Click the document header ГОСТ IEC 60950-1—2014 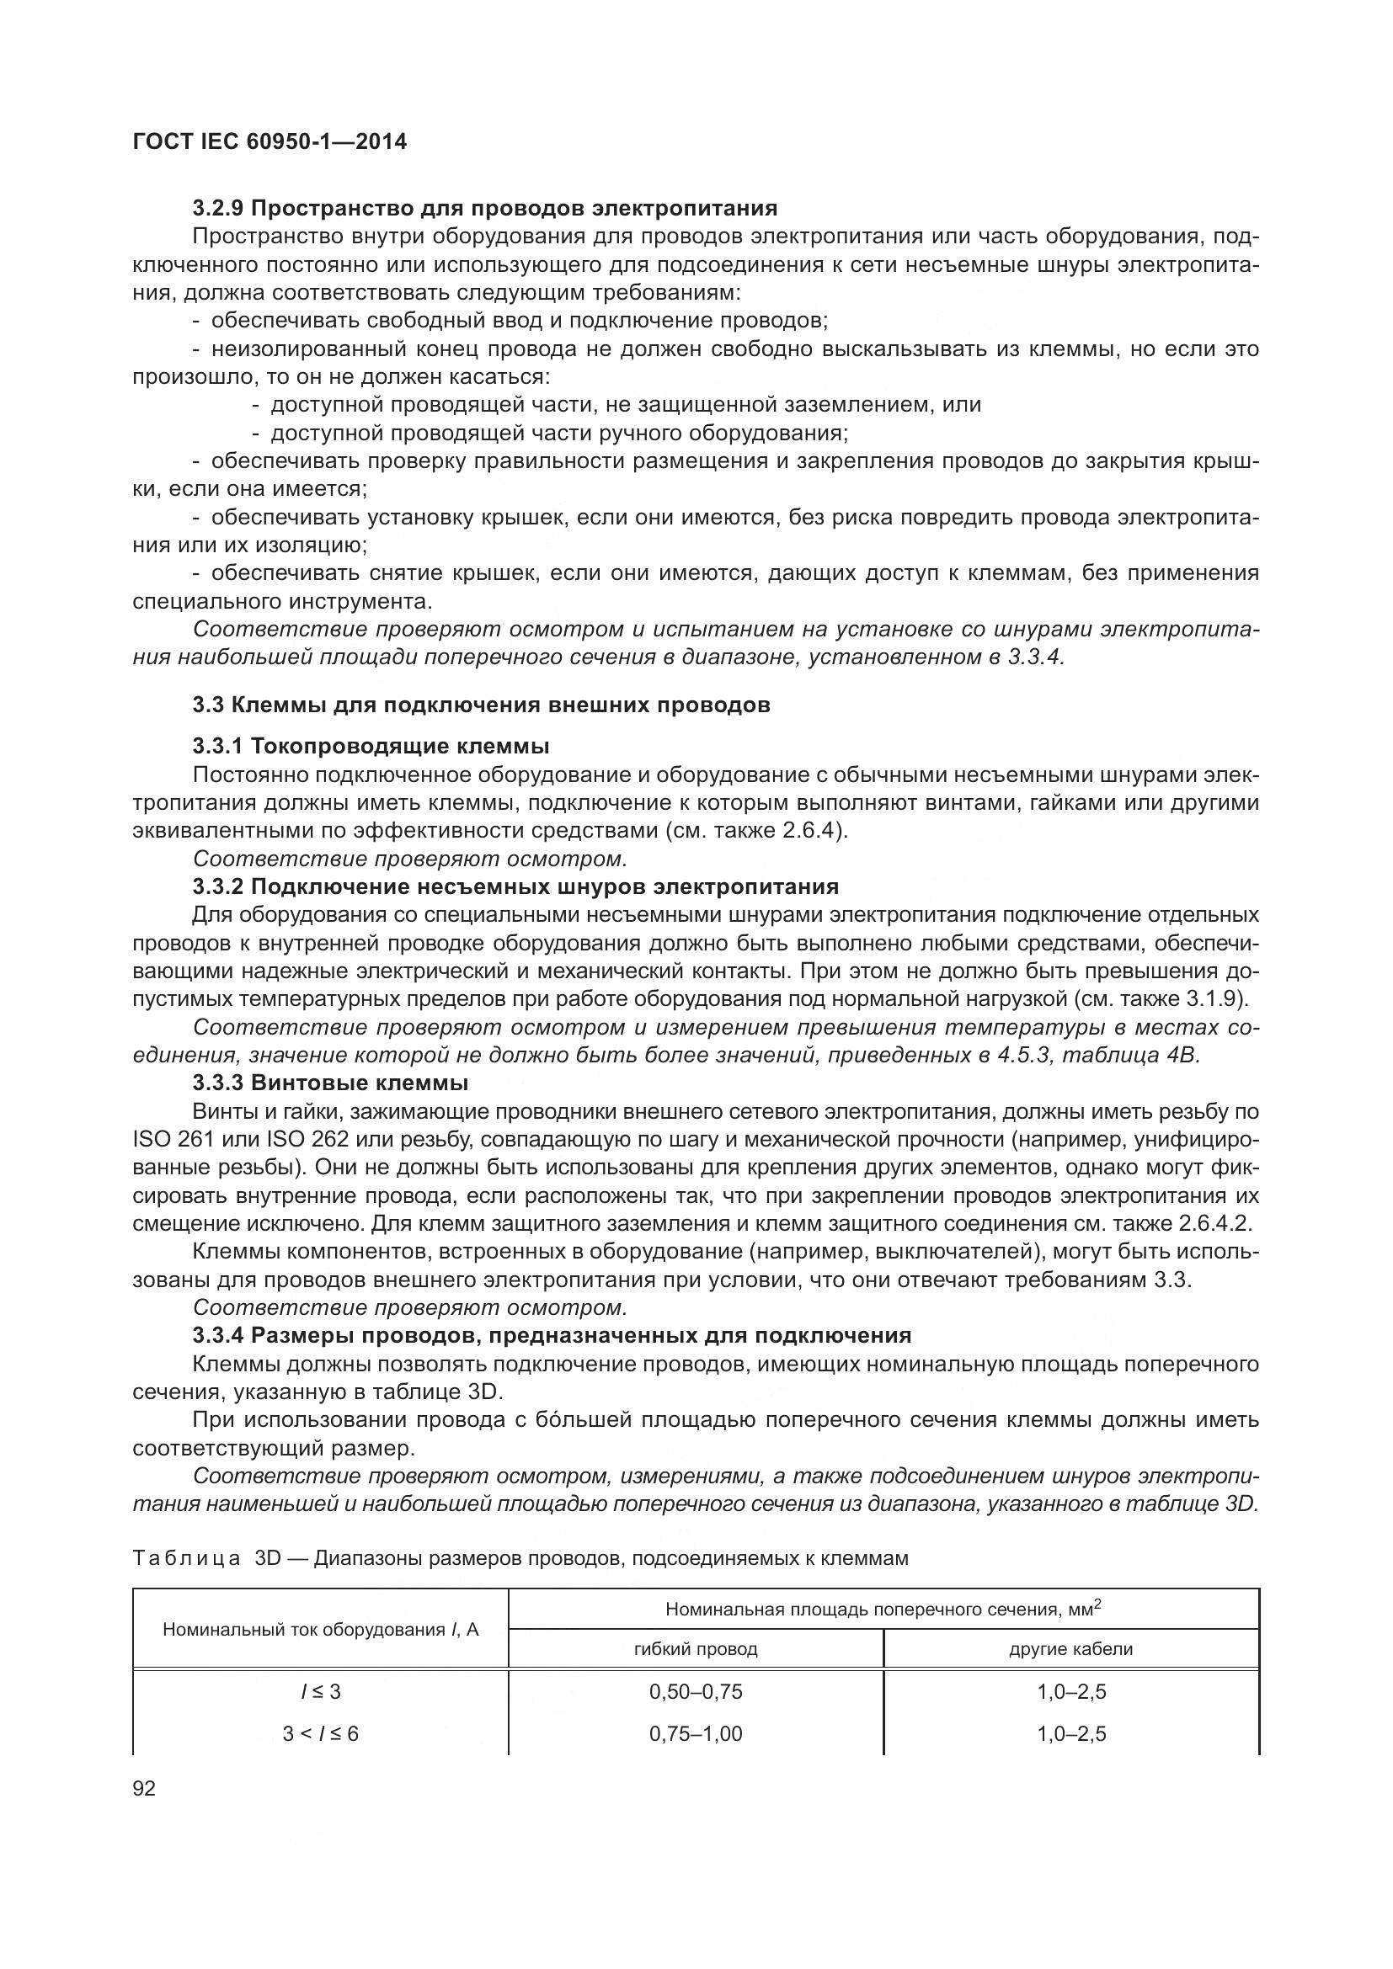click(270, 142)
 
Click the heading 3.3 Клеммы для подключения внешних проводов click(481, 705)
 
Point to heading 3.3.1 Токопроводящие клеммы click(371, 745)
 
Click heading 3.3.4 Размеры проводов click(552, 1335)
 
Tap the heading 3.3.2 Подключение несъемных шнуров click(515, 886)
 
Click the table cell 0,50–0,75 click(696, 1692)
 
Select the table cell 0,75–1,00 click(696, 1734)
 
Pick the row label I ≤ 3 click(321, 1692)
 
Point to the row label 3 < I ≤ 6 click(321, 1734)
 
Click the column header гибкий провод click(696, 1649)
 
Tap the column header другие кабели click(1070, 1649)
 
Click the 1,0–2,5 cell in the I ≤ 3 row click(1071, 1692)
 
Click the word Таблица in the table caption click(186, 1558)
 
